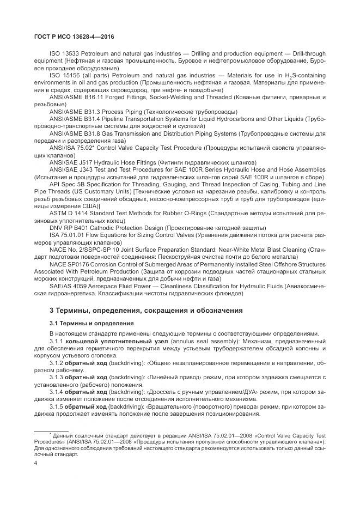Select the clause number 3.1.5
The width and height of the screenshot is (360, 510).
tap(57, 406)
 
